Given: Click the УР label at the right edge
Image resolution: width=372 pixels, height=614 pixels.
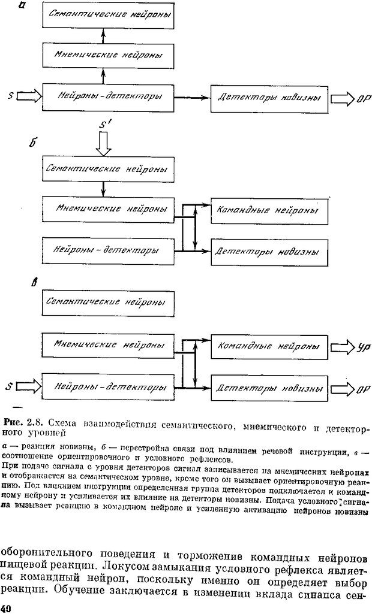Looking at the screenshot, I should click(x=362, y=347).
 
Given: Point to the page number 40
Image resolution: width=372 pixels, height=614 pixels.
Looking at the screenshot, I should click(x=8, y=607).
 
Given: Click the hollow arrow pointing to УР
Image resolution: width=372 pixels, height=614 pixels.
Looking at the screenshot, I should click(x=341, y=347).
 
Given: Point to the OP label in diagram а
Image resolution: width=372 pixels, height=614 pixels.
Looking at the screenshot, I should click(x=363, y=98).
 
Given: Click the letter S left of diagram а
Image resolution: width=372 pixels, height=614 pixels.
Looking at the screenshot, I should click(x=10, y=95).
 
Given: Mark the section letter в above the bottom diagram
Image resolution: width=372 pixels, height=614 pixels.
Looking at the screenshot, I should click(x=34, y=282).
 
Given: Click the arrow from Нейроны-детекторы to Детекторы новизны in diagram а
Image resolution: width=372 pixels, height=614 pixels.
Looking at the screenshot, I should click(x=193, y=96).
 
